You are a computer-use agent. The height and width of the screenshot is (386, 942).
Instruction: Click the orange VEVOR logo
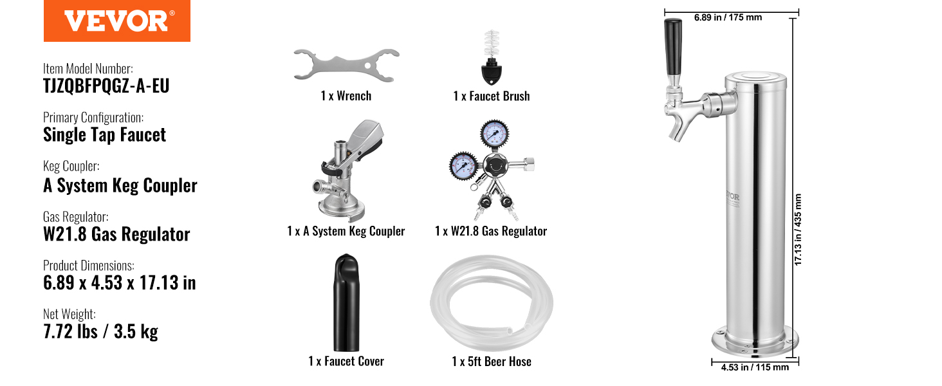[x=117, y=21]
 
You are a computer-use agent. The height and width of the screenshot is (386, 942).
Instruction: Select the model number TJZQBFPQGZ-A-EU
[x=106, y=86]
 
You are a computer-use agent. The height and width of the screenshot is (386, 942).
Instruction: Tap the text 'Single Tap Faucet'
[x=104, y=135]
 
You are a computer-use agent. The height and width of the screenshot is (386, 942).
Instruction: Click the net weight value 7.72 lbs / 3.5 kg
[x=100, y=331]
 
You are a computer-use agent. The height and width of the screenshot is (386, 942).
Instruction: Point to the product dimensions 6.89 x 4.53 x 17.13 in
[x=120, y=282]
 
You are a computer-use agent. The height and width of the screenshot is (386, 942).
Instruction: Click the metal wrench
[x=346, y=66]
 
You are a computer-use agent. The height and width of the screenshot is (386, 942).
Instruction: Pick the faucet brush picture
[x=491, y=57]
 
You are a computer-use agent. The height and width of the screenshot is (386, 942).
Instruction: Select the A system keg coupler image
[x=347, y=170]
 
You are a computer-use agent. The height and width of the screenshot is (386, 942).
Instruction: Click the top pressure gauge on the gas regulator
[x=495, y=134]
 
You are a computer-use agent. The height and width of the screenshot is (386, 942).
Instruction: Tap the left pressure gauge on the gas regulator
[x=463, y=166]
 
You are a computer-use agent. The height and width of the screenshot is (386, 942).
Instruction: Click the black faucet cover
[x=346, y=302]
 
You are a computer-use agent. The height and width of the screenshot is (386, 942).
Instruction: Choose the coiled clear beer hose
[x=491, y=303]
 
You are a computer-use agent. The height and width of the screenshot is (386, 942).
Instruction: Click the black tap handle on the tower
[x=673, y=47]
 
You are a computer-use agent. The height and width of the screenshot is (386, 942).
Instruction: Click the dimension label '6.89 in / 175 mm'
[x=728, y=17]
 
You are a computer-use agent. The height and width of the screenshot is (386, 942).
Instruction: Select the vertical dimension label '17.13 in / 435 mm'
[x=798, y=230]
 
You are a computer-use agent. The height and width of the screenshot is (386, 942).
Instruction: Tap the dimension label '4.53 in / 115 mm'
[x=755, y=367]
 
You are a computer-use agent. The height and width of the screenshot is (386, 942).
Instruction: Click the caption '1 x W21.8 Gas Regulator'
[x=491, y=231]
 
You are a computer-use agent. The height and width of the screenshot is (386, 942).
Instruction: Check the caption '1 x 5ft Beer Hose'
[x=492, y=362]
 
